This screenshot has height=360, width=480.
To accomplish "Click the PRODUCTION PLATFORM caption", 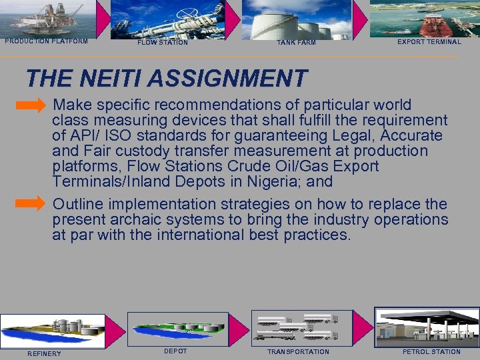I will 46,41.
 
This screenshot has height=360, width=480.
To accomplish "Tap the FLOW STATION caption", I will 163,43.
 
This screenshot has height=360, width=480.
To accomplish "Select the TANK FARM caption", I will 296,43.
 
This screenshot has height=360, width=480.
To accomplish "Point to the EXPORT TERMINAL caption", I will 429,42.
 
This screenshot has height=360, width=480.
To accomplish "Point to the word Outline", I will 78,204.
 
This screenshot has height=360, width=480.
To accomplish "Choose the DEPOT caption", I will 175,351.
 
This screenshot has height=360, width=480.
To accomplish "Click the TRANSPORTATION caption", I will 298,352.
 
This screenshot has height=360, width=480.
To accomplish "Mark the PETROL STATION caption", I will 431,352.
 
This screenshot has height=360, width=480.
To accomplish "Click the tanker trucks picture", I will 298,327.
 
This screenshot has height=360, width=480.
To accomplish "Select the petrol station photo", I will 427,327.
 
